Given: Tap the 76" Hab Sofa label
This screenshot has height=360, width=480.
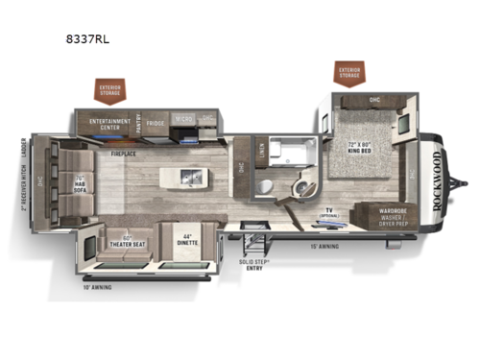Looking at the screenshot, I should pyautogui.click(x=80, y=179).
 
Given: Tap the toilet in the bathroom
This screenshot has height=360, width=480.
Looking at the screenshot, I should pyautogui.click(x=304, y=183).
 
